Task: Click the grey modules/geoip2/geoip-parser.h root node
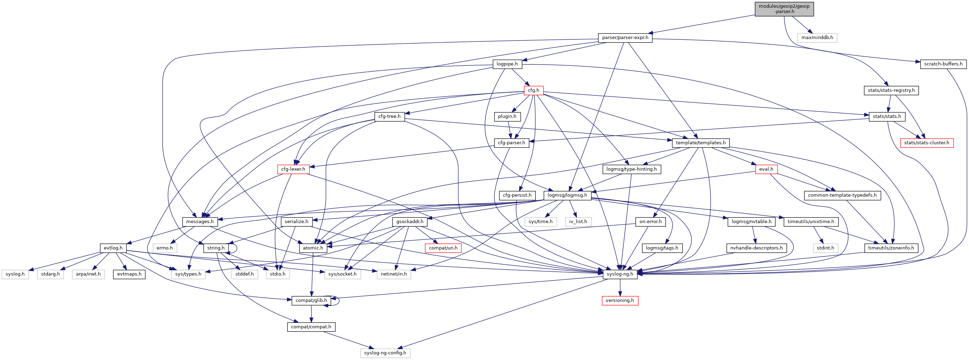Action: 784,9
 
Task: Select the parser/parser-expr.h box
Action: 625,38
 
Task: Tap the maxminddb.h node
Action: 817,38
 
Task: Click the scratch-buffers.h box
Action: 943,64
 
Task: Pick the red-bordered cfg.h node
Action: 533,90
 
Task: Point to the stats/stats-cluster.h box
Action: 926,143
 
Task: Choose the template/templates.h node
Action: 700,143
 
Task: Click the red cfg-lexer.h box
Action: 293,169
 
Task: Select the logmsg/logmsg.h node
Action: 567,195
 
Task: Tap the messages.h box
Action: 200,222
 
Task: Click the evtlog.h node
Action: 113,248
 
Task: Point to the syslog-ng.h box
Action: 619,274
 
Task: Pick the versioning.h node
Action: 619,301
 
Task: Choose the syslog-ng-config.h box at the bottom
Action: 385,353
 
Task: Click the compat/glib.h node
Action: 311,301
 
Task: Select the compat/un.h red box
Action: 443,248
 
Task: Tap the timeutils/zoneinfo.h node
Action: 891,248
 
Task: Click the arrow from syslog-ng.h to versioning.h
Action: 620,288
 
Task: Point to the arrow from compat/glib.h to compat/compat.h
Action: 311,314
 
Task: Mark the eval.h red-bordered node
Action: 766,169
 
